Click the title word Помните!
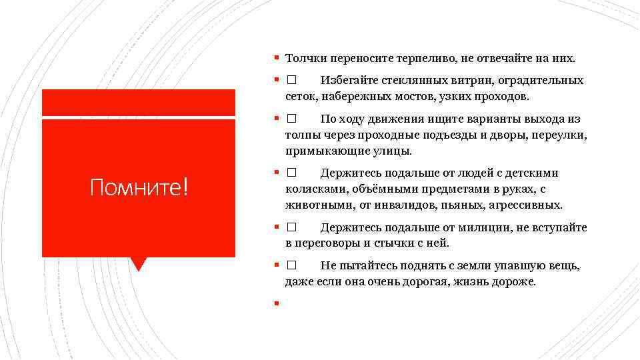click(x=139, y=188)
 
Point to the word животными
click(x=313, y=205)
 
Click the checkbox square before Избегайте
click(x=291, y=81)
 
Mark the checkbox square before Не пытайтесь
click(x=291, y=266)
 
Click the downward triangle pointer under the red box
click(x=139, y=264)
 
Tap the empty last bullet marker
click(x=275, y=305)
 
